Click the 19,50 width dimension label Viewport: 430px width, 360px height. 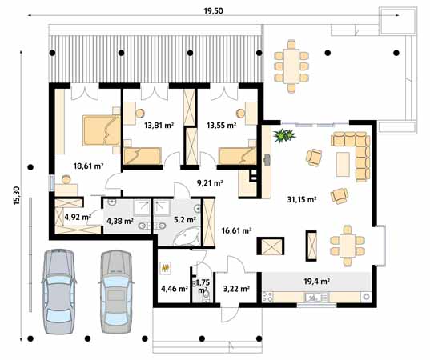212,10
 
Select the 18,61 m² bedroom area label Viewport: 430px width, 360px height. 88,166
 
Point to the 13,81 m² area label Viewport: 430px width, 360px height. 159,125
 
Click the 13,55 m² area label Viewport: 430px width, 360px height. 220,125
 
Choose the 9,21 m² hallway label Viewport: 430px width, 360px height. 209,182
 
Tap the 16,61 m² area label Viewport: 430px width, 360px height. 236,230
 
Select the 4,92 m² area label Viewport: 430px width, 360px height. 77,216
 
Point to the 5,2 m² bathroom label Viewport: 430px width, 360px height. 173,221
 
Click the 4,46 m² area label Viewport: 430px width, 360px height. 174,288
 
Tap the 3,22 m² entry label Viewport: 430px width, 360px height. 237,288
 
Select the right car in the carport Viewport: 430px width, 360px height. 115,289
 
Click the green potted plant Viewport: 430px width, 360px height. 282,135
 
